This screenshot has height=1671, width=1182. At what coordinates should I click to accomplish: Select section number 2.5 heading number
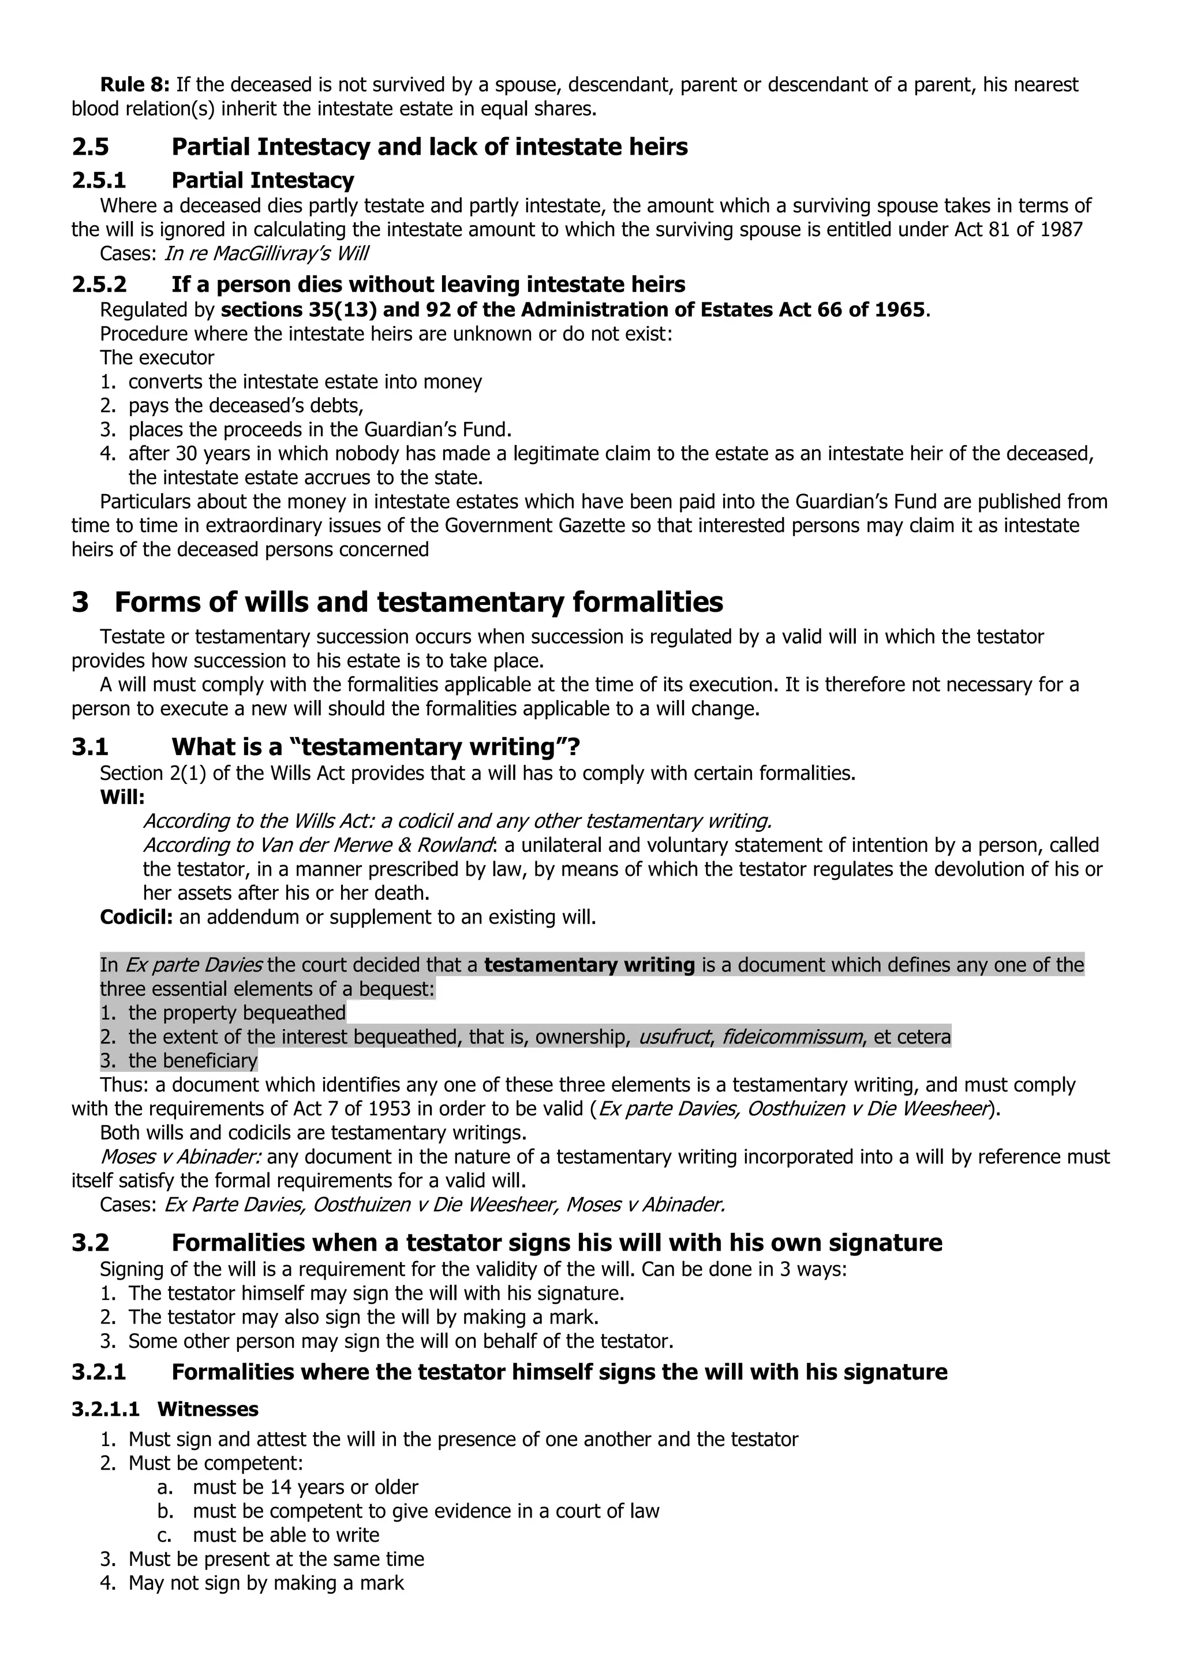90,147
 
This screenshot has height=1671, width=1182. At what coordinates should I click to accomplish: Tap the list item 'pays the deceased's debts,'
245,405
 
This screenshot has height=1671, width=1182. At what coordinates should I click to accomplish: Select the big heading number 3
81,603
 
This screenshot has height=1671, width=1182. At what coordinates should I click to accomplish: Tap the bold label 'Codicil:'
136,917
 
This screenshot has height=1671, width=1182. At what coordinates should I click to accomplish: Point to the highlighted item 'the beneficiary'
193,1060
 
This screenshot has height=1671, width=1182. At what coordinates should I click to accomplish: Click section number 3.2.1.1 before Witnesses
105,1410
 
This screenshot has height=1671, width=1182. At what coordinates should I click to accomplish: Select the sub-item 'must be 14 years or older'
306,1487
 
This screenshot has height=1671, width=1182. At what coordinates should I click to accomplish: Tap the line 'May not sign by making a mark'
265,1583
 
